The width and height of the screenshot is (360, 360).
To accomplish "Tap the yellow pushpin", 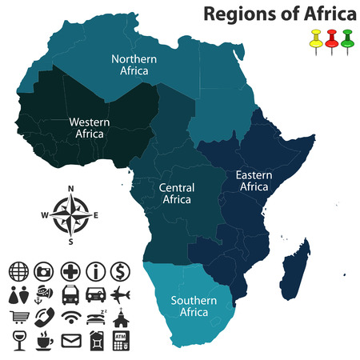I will click(315, 38).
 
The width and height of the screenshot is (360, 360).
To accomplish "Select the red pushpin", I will click(331, 38).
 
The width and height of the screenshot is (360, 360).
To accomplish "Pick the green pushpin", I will click(347, 38).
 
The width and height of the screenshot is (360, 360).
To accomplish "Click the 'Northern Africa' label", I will click(134, 64).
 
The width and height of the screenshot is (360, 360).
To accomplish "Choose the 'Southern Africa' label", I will click(193, 306).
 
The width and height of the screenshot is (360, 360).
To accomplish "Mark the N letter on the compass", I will click(70, 189).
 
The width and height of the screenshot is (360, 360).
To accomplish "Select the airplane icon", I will click(120, 294).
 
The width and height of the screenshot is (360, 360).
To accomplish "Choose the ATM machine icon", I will click(120, 342).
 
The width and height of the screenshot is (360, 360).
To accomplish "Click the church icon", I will click(120, 318).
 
